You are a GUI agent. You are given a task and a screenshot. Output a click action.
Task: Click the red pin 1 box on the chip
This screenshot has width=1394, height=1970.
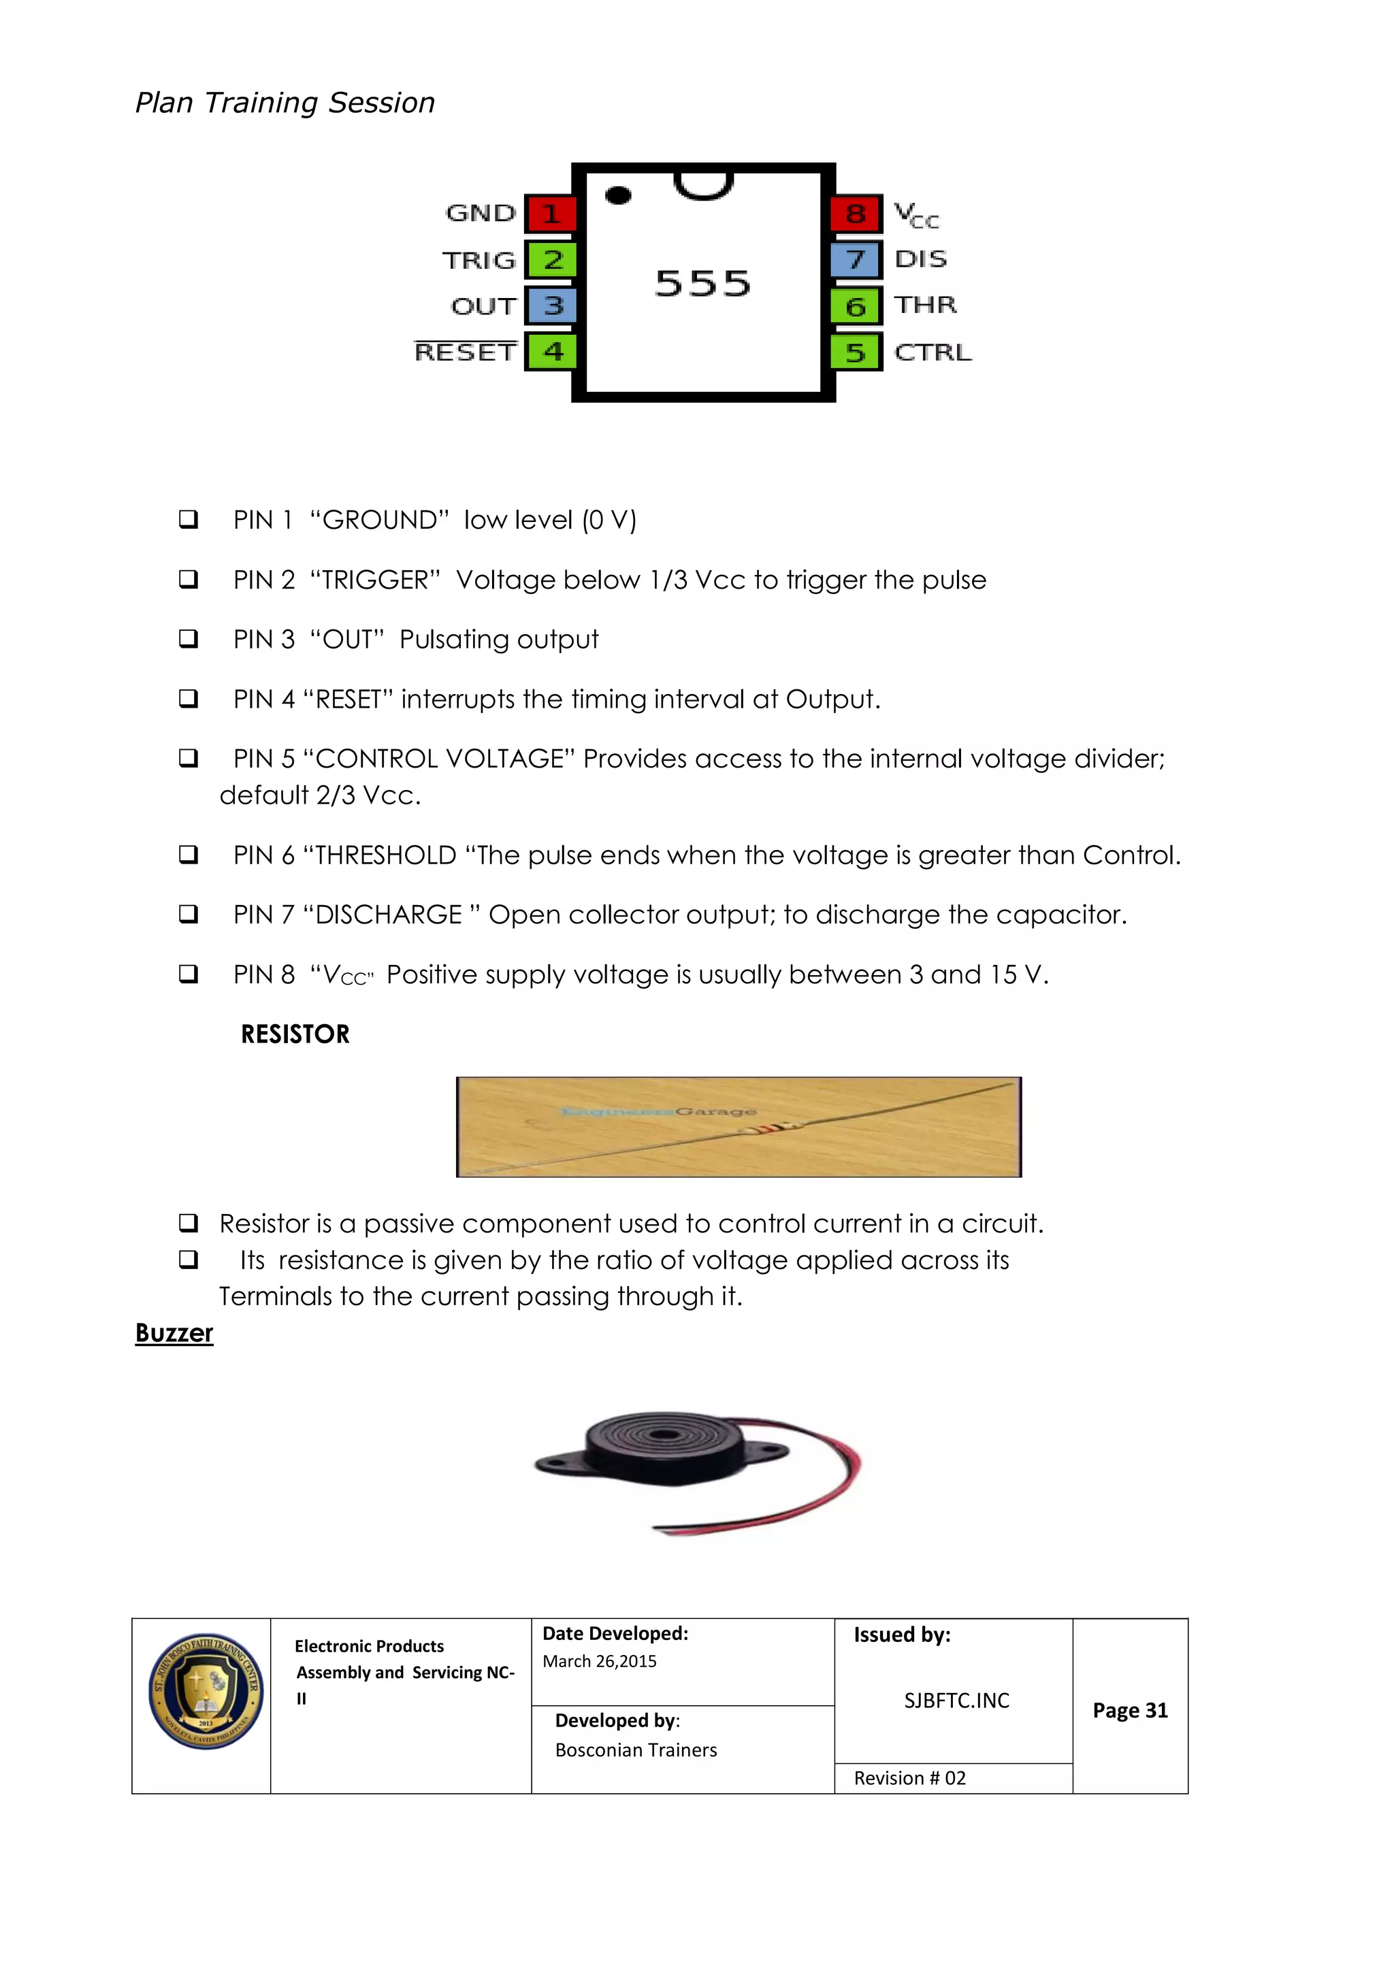pyautogui.click(x=550, y=214)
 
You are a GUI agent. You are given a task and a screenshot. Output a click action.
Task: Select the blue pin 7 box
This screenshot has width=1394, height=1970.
pyautogui.click(x=855, y=260)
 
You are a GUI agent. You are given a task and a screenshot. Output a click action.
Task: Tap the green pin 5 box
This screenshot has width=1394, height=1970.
pyautogui.click(x=855, y=352)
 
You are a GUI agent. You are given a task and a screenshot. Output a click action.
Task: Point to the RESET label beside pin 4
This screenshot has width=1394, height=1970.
pyautogui.click(x=466, y=352)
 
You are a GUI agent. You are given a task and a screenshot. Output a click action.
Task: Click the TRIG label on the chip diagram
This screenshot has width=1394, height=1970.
pyautogui.click(x=479, y=261)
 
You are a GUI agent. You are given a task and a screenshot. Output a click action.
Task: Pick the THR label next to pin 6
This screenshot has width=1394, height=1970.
pyautogui.click(x=925, y=306)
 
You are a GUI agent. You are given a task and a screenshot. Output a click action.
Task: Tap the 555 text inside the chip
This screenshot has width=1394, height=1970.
pyautogui.click(x=703, y=284)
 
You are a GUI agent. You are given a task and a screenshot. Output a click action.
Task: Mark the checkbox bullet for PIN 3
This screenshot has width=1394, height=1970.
pyautogui.click(x=188, y=638)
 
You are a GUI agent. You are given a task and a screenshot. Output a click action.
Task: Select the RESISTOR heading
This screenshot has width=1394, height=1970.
pyautogui.click(x=295, y=1034)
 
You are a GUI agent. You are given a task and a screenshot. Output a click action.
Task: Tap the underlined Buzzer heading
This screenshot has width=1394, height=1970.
pyautogui.click(x=174, y=1333)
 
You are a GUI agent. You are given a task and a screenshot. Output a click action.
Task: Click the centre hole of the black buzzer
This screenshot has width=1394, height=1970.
pyautogui.click(x=662, y=1435)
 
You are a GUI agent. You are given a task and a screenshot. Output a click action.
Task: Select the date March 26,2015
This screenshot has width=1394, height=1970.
pyautogui.click(x=599, y=1662)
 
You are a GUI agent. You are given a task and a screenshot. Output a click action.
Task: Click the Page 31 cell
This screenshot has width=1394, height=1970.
pyautogui.click(x=1130, y=1711)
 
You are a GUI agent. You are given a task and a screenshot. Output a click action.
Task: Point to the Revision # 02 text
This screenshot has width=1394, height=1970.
pyautogui.click(x=910, y=1779)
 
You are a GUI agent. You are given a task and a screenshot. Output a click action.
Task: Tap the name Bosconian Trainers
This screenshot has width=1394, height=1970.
pyautogui.click(x=636, y=1750)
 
